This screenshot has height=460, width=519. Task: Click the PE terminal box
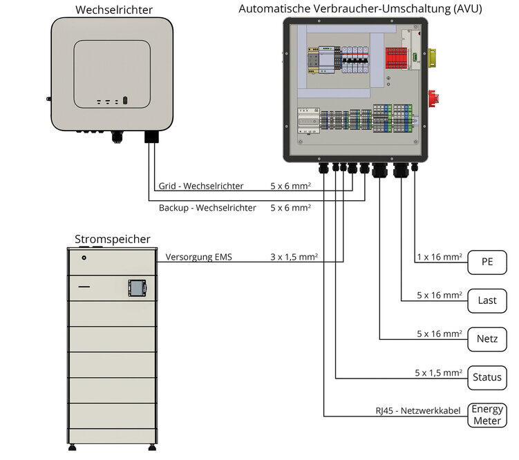pyautogui.click(x=488, y=262)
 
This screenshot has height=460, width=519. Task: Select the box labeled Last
pyautogui.click(x=488, y=300)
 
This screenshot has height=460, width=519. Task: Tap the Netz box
pyautogui.click(x=488, y=339)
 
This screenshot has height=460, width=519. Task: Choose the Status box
pyautogui.click(x=487, y=378)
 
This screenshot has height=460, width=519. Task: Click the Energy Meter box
pyautogui.click(x=487, y=415)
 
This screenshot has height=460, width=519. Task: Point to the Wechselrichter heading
pyautogui.click(x=114, y=10)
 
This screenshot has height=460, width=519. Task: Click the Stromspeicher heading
pyautogui.click(x=112, y=240)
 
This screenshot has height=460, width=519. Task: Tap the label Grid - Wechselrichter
pyautogui.click(x=201, y=186)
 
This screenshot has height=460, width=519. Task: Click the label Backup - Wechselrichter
pyautogui.click(x=207, y=207)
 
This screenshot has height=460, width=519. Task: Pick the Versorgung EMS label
pyautogui.click(x=199, y=257)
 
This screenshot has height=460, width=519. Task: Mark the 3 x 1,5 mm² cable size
pyautogui.click(x=294, y=257)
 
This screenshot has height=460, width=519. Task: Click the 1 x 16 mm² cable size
pyautogui.click(x=440, y=257)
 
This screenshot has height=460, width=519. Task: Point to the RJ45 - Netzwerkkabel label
pyautogui.click(x=418, y=411)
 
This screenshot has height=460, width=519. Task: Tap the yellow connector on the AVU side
pyautogui.click(x=435, y=57)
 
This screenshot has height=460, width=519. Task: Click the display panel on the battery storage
pyautogui.click(x=137, y=287)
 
